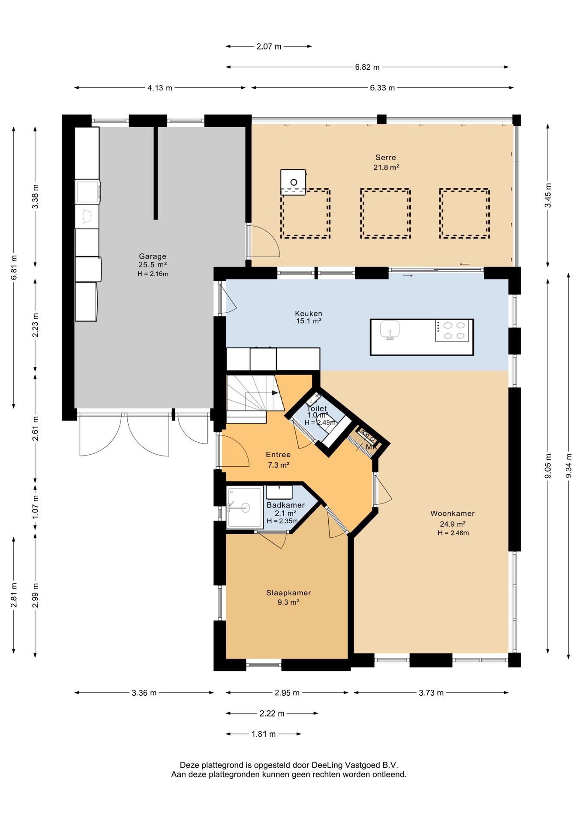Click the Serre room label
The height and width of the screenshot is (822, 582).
(386, 158)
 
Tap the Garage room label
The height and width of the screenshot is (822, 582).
(153, 256)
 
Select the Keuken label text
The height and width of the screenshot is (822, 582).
(309, 313)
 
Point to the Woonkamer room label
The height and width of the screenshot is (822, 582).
(453, 513)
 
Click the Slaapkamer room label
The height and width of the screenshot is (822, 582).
(288, 593)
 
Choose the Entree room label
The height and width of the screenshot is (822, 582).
(278, 455)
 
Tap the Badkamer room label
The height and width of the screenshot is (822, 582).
(285, 505)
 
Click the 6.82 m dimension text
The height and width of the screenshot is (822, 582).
(367, 67)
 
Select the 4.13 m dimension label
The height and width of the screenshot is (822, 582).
(160, 88)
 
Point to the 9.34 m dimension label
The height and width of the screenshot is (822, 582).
(569, 466)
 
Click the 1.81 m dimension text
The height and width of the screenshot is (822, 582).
(264, 734)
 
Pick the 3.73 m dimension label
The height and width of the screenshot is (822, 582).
(431, 693)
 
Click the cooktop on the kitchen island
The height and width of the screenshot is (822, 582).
(452, 331)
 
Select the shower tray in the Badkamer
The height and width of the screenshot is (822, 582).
(245, 507)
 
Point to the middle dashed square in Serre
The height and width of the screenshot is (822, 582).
(385, 213)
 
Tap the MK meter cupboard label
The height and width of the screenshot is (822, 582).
(371, 447)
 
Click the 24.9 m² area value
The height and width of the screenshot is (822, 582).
(453, 524)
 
